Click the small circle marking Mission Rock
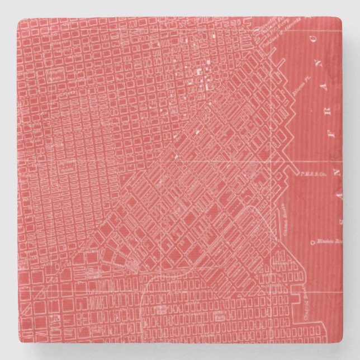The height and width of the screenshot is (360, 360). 312,242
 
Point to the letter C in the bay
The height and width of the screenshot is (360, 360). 317,39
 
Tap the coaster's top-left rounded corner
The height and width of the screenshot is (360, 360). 20,21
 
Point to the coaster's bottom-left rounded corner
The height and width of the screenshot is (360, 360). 20,340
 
